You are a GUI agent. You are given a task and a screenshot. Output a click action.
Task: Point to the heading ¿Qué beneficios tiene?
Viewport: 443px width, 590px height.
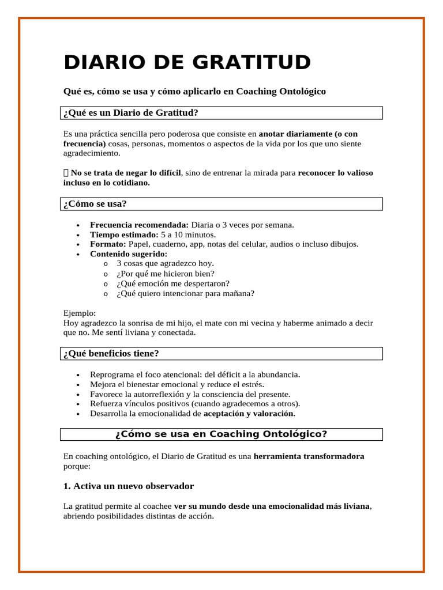(111, 353)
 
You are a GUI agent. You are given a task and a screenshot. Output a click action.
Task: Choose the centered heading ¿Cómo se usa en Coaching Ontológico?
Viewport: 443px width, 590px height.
(221, 434)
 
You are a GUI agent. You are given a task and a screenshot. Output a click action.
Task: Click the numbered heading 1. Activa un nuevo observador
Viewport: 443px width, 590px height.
(129, 486)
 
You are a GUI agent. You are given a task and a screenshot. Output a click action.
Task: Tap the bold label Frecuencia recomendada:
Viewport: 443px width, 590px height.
(139, 225)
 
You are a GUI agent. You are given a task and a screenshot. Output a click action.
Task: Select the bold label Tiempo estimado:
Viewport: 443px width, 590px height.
(124, 235)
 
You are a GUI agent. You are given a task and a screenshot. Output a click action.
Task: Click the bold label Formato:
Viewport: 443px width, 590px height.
(108, 244)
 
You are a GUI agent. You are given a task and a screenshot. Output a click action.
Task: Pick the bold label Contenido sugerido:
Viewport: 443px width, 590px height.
(129, 254)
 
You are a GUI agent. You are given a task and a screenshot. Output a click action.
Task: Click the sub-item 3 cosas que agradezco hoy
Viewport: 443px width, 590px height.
(165, 263)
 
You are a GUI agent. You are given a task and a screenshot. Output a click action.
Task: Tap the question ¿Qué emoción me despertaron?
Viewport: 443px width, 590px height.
(172, 283)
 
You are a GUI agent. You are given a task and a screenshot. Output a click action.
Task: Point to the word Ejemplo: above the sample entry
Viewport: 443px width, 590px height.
(80, 313)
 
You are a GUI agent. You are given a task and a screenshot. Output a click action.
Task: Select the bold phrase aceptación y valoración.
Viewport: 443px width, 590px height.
(249, 414)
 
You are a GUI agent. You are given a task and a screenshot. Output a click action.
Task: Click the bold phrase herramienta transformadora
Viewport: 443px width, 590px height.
(309, 456)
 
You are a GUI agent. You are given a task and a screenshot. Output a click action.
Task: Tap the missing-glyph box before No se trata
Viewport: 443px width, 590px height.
(66, 173)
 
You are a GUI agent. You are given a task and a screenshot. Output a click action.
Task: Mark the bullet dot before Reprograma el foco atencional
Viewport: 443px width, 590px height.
(78, 375)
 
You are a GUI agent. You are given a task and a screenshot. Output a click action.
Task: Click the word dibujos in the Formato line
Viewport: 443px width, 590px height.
(344, 244)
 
